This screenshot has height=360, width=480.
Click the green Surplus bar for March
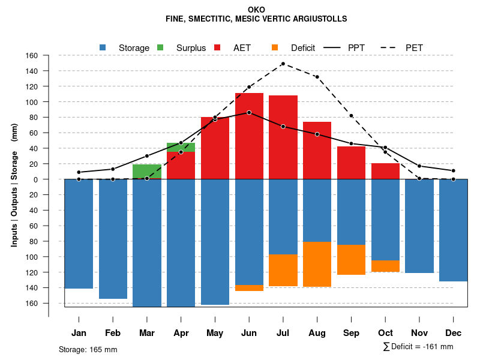tap(147, 172)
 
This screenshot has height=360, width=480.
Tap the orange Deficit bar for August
tap(317, 264)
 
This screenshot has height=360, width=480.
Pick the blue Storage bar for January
tap(79, 234)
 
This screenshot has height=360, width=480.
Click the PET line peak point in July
tap(283, 64)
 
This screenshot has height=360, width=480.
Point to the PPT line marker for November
tap(419, 166)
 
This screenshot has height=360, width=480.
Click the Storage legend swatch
tap(103, 47)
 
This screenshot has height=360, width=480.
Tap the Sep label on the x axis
tap(351, 333)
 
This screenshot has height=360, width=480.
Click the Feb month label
tap(113, 333)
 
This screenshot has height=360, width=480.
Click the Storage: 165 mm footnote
tap(88, 349)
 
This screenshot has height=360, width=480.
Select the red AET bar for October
tap(385, 171)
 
